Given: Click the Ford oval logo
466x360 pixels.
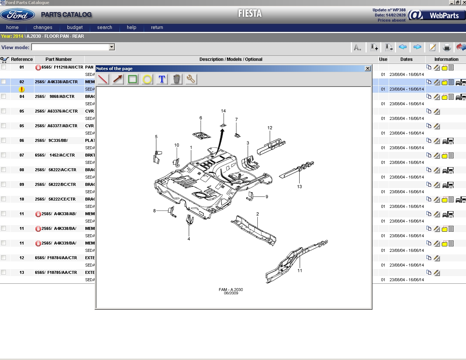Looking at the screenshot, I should pyautogui.click(x=18, y=15).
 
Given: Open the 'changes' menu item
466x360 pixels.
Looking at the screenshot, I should pyautogui.click(x=43, y=27).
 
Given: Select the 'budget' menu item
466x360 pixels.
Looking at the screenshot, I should pyautogui.click(x=75, y=27).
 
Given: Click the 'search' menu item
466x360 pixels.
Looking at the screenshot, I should pyautogui.click(x=104, y=27).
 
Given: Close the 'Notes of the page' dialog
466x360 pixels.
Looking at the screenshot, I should pyautogui.click(x=367, y=69).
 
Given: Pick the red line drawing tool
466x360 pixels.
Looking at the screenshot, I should pyautogui.click(x=103, y=79).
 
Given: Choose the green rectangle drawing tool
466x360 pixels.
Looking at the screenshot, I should pyautogui.click(x=133, y=79).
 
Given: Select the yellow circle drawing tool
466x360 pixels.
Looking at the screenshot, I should pyautogui.click(x=147, y=79).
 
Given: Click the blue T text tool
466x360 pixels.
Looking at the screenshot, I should pyautogui.click(x=162, y=79).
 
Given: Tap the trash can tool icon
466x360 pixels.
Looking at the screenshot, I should pyautogui.click(x=176, y=79).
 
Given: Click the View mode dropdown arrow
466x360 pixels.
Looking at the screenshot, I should pyautogui.click(x=112, y=47).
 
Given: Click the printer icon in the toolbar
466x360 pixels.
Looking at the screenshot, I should pyautogui.click(x=447, y=47).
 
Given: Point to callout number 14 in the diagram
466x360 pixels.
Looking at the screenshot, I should pyautogui.click(x=223, y=111).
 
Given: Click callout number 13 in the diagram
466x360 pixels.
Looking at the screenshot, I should pyautogui.click(x=300, y=187).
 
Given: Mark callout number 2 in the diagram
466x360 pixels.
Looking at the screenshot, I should pyautogui.click(x=257, y=214).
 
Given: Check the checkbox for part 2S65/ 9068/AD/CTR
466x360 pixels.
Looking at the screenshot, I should pyautogui.click(x=4, y=96).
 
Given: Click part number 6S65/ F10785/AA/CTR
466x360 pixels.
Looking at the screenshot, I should pyautogui.click(x=56, y=272).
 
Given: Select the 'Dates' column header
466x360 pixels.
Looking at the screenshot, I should pyautogui.click(x=406, y=59).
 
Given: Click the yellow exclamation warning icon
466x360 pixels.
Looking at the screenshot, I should pyautogui.click(x=22, y=89).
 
